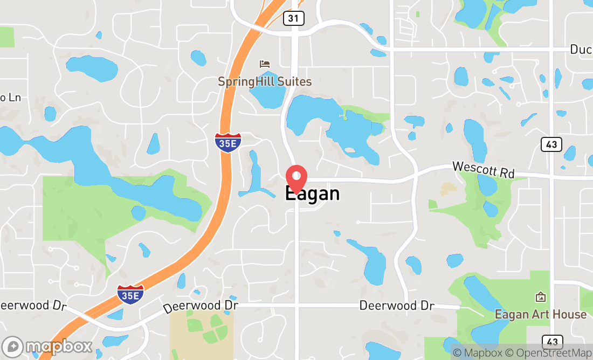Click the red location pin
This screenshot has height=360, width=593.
click(296, 179)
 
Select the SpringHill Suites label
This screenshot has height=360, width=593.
click(265, 82)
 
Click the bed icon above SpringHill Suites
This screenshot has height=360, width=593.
click(264, 64)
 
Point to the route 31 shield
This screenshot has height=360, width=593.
click(293, 18)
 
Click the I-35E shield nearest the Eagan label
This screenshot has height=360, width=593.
click(228, 142)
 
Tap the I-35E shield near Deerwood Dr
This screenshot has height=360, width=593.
click(130, 295)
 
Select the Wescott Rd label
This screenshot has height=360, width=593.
click(483, 169)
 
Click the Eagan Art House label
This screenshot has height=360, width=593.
click(541, 314)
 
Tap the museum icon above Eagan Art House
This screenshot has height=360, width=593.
click(540, 297)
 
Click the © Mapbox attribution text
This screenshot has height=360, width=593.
click(477, 353)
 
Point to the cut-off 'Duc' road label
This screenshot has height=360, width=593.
click(581, 50)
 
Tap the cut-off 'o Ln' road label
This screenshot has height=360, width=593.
click(10, 98)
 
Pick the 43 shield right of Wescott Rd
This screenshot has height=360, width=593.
click(551, 144)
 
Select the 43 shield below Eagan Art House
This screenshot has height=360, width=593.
click(552, 342)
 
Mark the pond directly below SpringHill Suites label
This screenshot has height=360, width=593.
click(267, 98)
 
